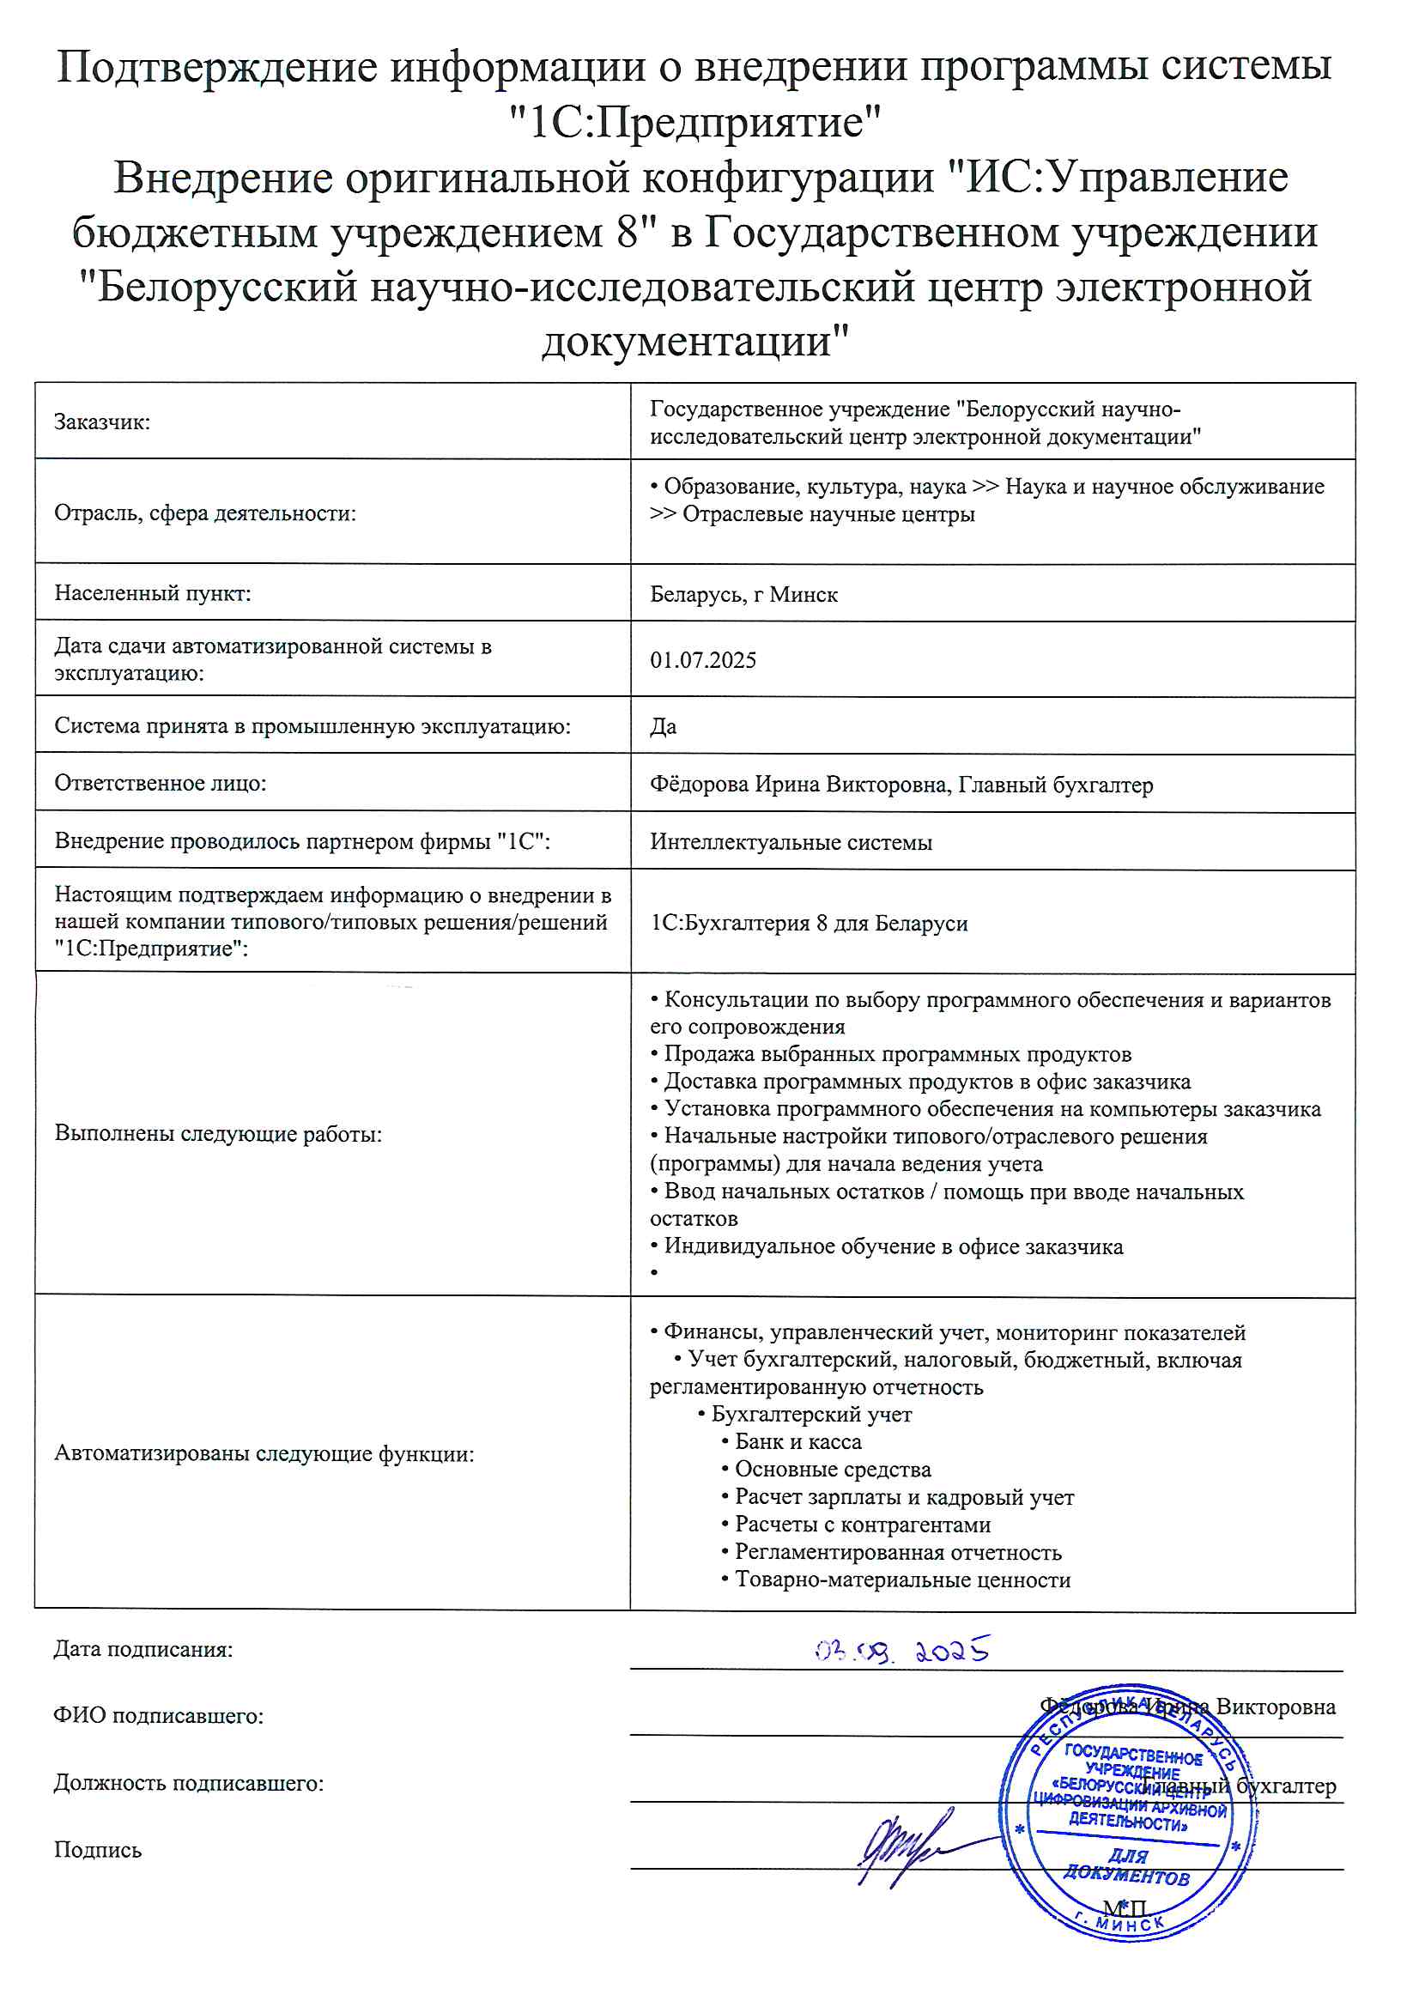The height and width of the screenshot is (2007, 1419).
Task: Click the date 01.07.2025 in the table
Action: coord(703,660)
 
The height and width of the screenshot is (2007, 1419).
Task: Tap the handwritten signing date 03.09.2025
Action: coord(902,1651)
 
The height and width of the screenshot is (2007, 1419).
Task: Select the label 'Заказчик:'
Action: coord(102,422)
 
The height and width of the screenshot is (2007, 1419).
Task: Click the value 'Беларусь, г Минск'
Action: coord(743,594)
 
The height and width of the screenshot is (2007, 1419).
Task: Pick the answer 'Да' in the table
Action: coord(663,726)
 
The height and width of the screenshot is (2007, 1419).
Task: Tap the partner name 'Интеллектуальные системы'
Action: coord(791,843)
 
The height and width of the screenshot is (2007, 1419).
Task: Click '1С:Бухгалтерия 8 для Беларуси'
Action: coord(809,923)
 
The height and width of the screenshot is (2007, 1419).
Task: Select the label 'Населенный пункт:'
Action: coord(152,593)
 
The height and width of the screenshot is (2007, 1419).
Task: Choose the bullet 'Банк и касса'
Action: coord(797,1441)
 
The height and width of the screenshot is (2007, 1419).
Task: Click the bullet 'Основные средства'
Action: coord(833,1470)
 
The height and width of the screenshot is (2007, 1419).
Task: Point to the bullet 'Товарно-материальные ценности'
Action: coord(902,1580)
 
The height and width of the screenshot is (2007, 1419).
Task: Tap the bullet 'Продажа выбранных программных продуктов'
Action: coord(897,1054)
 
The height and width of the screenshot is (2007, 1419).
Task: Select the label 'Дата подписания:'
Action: coord(143,1650)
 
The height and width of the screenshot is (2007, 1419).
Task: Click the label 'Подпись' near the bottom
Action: coord(98,1850)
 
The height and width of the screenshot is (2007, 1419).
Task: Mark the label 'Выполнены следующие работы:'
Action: coord(218,1134)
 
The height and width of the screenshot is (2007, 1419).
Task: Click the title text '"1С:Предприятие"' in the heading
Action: coord(695,123)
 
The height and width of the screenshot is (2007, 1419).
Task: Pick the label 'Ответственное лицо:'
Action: coord(160,783)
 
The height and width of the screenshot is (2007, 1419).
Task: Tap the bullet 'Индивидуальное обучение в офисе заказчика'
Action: coord(894,1246)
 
